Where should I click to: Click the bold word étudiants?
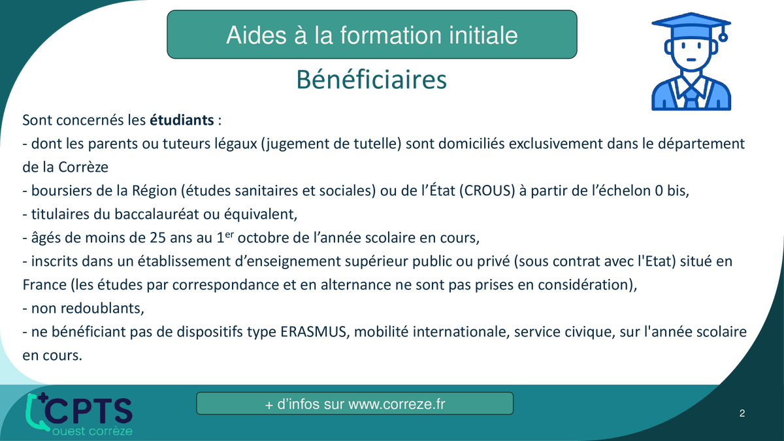(x=182, y=120)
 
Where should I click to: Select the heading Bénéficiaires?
(x=371, y=80)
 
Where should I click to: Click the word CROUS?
(x=487, y=191)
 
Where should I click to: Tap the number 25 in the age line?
(x=158, y=238)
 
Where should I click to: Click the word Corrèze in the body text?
(x=84, y=167)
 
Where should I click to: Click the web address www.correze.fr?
(x=397, y=404)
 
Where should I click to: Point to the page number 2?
(x=742, y=414)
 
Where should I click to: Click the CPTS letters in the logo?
(x=88, y=411)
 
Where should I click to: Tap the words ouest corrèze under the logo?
(x=92, y=431)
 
